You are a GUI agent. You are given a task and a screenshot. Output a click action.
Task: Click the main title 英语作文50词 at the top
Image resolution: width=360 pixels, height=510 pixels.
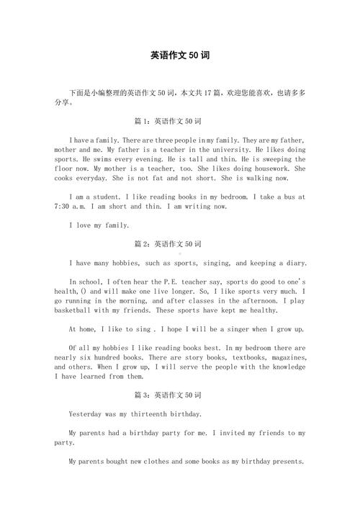click(x=180, y=55)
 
